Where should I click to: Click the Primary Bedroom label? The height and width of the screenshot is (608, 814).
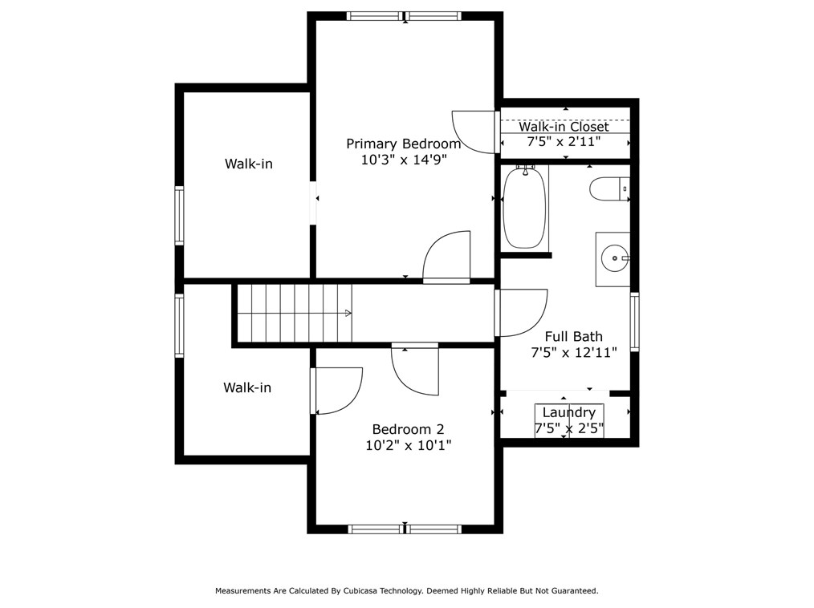403,144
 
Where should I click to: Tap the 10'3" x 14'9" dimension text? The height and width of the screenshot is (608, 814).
404,160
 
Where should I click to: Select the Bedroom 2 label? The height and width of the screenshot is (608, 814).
408,430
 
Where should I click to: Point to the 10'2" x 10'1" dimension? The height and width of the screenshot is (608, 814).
408,445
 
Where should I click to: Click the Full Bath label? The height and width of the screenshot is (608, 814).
574,337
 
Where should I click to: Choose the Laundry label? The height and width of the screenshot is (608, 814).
569,412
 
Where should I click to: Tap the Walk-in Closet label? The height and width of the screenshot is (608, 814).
564,127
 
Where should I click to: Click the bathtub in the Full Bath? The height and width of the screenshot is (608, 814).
525,208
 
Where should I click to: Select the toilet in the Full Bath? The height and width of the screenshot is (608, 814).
610,188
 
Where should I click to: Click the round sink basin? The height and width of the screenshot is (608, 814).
615,257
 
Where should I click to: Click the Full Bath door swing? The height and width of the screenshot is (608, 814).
522,313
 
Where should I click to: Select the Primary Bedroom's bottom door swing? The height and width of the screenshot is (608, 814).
446,256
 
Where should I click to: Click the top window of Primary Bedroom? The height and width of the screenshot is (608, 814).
404,15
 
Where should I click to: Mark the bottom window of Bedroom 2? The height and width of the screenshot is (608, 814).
405,529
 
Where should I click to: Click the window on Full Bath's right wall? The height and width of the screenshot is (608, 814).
634,322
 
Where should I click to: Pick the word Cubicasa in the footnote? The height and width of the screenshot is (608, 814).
360,590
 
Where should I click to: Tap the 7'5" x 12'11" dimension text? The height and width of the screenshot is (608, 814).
574,353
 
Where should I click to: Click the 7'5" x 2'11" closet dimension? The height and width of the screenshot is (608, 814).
564,141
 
